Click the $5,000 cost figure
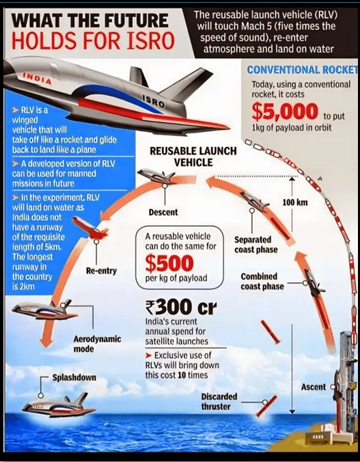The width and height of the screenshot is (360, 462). tap(285, 111)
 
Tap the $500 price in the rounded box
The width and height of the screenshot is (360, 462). tap(169, 263)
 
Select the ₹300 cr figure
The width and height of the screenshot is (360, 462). tap(181, 308)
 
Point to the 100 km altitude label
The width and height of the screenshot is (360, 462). tap(295, 202)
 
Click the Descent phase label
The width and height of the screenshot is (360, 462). tap(163, 212)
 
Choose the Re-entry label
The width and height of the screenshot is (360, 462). tap(101, 271)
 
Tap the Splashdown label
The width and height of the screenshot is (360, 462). tap(74, 377)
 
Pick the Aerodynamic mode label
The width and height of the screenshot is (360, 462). tap(97, 344)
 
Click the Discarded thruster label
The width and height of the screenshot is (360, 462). tap(219, 401)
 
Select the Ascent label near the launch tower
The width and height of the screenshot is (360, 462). tap(314, 387)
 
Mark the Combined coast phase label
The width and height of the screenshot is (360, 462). tap(262, 282)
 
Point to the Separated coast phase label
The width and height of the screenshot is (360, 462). tap(255, 245)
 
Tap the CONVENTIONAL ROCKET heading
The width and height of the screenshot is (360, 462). tap(303, 70)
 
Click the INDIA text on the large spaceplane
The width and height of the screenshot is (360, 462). tap(38, 78)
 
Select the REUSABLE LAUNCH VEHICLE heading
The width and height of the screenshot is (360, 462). tap(193, 157)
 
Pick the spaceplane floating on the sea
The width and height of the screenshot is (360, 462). tap(59, 405)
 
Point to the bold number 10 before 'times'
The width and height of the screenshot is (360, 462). tap(181, 375)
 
